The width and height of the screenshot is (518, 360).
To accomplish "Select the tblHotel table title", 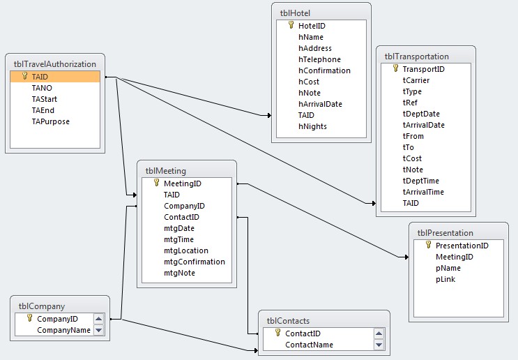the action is coord(295,13).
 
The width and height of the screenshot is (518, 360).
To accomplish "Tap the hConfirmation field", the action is coord(324,70).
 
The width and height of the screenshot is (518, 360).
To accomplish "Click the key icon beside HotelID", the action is coord(291,25).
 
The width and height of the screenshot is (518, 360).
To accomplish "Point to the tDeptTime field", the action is coord(421,181).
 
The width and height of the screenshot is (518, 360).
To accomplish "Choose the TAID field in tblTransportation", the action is coord(411,203).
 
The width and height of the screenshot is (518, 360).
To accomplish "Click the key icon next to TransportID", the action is coord(395,68).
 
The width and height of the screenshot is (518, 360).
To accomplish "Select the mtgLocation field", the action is coord(186,250).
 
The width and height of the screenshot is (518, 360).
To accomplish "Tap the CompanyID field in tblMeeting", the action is coord(184,206).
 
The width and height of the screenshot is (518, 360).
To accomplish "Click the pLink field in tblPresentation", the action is coord(445,279).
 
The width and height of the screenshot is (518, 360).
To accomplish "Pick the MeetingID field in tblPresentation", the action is coord(455,257).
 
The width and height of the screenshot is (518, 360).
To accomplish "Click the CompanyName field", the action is coord(63,330).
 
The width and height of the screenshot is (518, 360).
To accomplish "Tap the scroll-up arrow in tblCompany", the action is coord(98,319).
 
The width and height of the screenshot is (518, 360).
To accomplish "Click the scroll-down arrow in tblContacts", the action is coord(379,345).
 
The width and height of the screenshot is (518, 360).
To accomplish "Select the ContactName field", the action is coord(310,345).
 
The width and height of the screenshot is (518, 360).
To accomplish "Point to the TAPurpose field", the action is coord(50,121).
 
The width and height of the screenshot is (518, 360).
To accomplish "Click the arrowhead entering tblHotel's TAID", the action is coord(269,115).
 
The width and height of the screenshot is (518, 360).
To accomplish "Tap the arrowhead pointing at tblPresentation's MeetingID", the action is coord(406,257).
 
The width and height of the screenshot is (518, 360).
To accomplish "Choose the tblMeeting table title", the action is coord(166,171).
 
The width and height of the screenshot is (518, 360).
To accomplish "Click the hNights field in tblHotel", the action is coord(312,126).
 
